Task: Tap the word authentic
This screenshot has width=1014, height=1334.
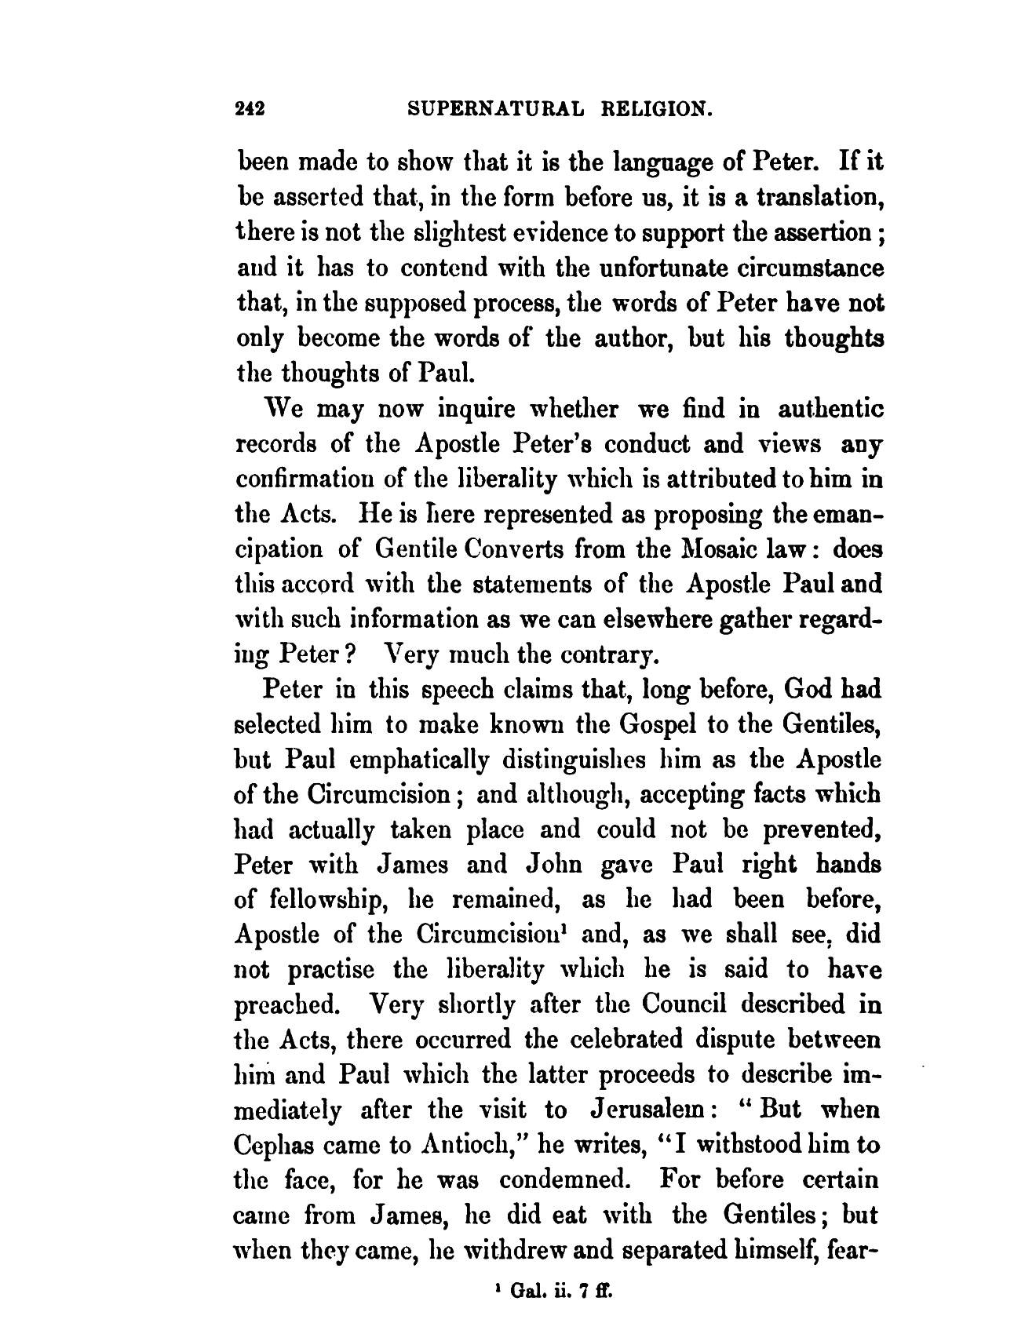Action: click(x=830, y=410)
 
